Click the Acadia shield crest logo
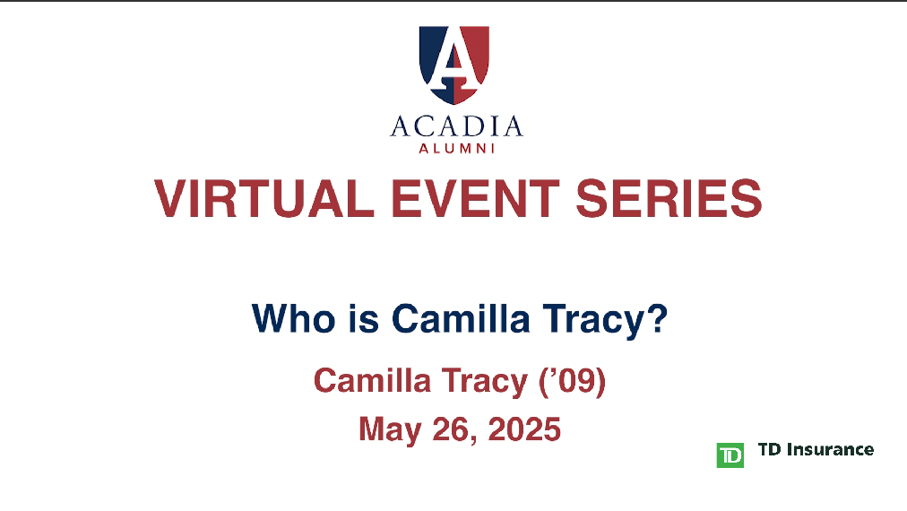[x=454, y=65]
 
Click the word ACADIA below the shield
[x=456, y=126]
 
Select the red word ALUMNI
[x=456, y=149]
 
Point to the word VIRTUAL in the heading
[x=264, y=198]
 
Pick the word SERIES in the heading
[x=669, y=198]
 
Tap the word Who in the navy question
[x=294, y=318]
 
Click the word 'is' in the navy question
[x=364, y=318]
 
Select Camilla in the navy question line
[x=461, y=318]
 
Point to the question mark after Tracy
[x=657, y=317]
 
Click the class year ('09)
[x=573, y=382]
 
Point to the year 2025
[x=524, y=429]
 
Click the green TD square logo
[x=730, y=455]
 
